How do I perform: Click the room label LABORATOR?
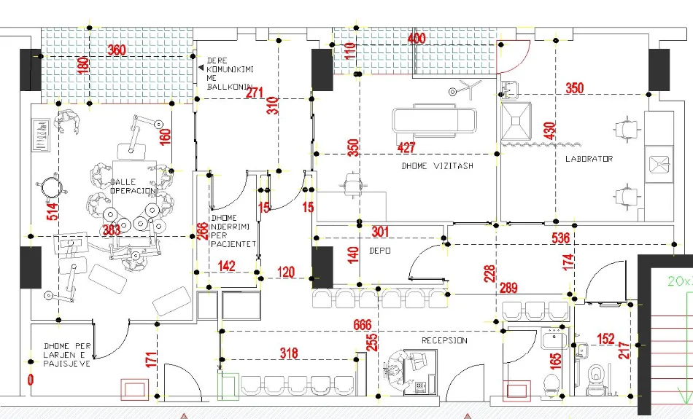point(589,158)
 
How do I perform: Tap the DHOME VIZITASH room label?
point(437,166)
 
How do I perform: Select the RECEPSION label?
point(444,340)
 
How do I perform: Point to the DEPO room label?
point(379,250)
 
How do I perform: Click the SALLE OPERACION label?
point(133,186)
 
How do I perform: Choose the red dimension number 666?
point(363,324)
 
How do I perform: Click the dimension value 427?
point(406,148)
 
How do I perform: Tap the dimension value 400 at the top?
point(417,39)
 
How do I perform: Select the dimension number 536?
point(560,238)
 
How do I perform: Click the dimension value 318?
point(288,353)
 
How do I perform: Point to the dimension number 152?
point(605,338)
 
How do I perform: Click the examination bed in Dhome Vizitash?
point(435,120)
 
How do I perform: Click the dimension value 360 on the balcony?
point(117,50)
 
